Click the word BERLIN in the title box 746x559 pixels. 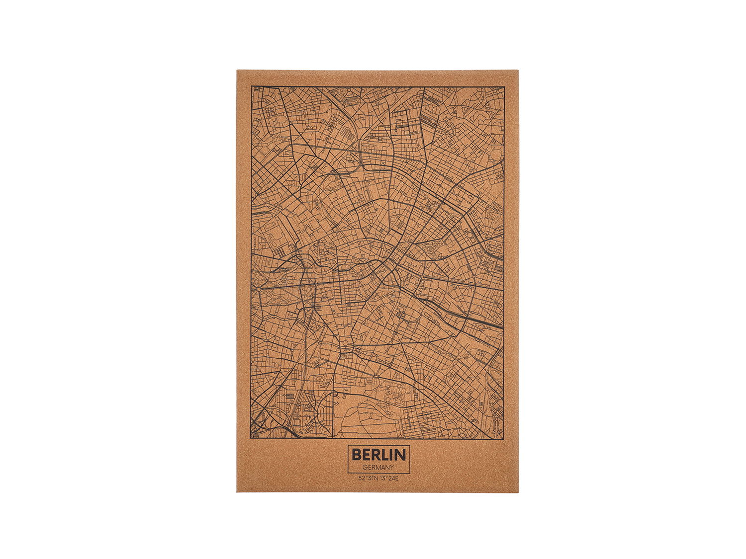point(378,454)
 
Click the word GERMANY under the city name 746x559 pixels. point(378,468)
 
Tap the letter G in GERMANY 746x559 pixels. point(365,468)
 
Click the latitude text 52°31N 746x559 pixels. point(368,479)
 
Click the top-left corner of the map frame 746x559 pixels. point(252,86)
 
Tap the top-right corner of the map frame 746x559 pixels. point(504,87)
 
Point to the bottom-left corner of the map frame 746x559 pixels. point(252,438)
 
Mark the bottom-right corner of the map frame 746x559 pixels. point(504,439)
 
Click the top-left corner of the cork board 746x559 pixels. point(237,70)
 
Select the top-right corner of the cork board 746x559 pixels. point(518,71)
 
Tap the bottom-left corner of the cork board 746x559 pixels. point(237,492)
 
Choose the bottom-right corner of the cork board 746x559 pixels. point(518,492)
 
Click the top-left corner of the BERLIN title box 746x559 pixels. point(347,445)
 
